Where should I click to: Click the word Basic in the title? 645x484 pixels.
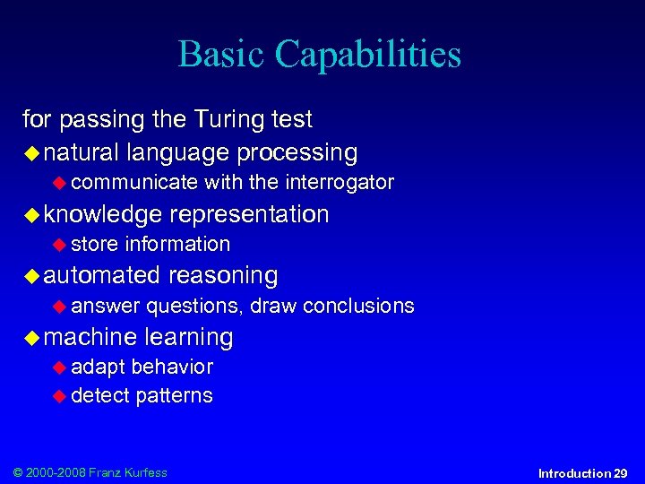[221, 54]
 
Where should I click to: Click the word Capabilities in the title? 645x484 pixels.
[368, 56]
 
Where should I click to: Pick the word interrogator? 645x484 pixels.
[340, 183]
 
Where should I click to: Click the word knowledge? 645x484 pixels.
[103, 214]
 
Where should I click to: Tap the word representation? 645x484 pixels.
[249, 214]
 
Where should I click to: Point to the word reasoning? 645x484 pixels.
[223, 276]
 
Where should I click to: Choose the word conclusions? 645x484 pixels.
[358, 306]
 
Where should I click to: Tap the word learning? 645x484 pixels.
[189, 338]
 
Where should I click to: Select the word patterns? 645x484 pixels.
[174, 395]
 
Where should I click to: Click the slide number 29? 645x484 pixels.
[620, 473]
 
